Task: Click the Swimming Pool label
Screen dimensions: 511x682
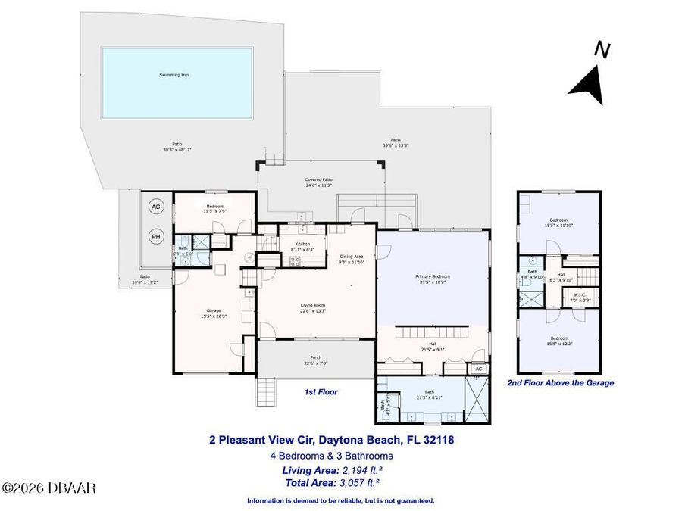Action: pyautogui.click(x=174, y=75)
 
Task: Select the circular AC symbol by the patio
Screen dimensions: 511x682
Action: pyautogui.click(x=156, y=207)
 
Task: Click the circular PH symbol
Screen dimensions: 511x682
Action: pyautogui.click(x=156, y=236)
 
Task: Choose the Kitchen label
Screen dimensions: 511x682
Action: pyautogui.click(x=302, y=245)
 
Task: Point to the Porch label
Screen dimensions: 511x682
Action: pyautogui.click(x=315, y=360)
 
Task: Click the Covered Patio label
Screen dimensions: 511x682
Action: pyautogui.click(x=319, y=182)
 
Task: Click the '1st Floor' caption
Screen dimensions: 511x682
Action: pyautogui.click(x=321, y=392)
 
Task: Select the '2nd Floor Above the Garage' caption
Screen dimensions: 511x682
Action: pyautogui.click(x=560, y=383)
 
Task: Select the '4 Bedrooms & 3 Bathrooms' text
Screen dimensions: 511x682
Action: pyautogui.click(x=331, y=456)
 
